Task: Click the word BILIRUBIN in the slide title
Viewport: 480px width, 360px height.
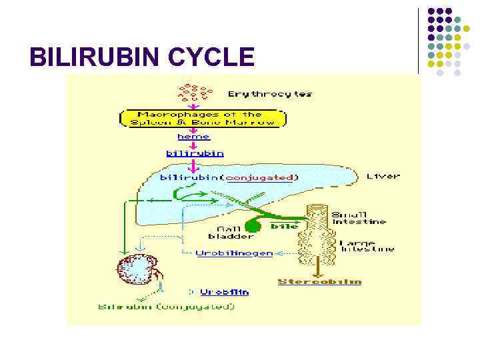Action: click(x=95, y=57)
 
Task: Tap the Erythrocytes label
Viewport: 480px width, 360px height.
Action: click(x=270, y=94)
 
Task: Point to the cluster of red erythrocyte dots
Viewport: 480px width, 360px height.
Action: click(x=195, y=93)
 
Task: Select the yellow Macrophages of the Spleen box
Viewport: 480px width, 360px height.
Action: click(x=203, y=118)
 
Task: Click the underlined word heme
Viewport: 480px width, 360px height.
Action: click(x=194, y=137)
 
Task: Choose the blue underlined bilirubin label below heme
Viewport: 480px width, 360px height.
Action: click(x=195, y=153)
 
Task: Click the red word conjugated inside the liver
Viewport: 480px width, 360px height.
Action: click(x=261, y=177)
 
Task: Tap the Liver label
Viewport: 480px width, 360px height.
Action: click(x=383, y=176)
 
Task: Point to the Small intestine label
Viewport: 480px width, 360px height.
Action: click(x=359, y=218)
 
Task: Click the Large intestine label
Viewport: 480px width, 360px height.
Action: click(x=367, y=246)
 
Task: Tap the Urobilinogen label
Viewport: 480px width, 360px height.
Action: click(x=234, y=253)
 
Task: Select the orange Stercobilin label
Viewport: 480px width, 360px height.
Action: click(x=319, y=281)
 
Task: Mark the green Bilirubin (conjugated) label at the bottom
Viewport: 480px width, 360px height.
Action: click(x=166, y=307)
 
